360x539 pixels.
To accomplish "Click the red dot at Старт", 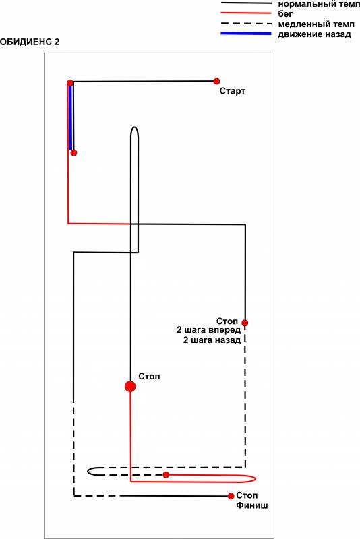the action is pos(216,81).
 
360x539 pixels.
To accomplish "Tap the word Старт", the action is pos(233,91).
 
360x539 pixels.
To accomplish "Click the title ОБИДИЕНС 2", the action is pos(30,42).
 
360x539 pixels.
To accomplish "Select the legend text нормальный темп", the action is pos(319,4).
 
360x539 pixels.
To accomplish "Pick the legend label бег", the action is pos(285,14).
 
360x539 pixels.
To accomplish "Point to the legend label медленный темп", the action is pos(316,24).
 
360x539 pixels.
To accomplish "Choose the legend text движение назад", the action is pos(314,34).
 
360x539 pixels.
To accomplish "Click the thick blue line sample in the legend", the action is pos(246,34).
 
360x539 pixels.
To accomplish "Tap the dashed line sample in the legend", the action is pos(246,24).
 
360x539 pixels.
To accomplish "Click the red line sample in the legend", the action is pos(246,13).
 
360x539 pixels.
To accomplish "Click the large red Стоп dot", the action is pos(130,386).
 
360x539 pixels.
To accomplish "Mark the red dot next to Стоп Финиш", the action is pos(231,496).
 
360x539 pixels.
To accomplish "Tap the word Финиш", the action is pos(251,506).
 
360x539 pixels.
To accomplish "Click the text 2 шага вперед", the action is pos(208,330).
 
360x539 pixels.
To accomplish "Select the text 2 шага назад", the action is pos(212,340).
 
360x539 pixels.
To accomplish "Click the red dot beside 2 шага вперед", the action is pos(245,323).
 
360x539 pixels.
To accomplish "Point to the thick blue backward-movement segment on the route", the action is pos(71,117).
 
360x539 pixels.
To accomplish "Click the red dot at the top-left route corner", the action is pos(70,82).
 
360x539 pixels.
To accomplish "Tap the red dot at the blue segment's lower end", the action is pos(73,153).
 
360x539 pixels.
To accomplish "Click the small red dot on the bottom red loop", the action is pos(166,475).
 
